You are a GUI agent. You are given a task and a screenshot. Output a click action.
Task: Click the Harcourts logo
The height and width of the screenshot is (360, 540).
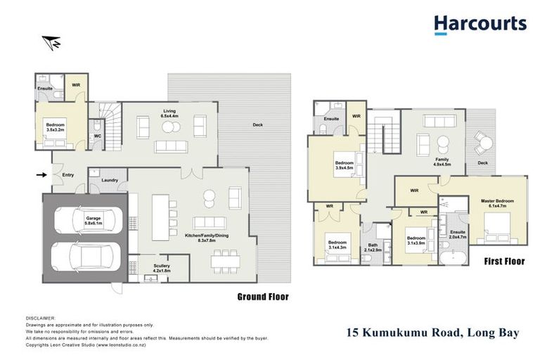(480, 25)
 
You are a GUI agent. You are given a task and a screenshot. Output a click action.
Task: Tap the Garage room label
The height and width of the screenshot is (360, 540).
(94, 220)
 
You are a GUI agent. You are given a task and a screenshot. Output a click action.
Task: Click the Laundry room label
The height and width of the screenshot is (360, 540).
(109, 180)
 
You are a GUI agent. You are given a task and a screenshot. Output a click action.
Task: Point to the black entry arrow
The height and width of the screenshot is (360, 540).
(41, 174)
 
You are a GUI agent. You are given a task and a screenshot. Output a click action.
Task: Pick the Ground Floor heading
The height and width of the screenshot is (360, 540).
(262, 297)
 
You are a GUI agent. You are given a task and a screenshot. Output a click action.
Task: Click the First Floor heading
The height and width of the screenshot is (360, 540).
(504, 261)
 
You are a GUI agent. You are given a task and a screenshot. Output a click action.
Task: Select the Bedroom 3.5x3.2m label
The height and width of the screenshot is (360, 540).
(56, 128)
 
